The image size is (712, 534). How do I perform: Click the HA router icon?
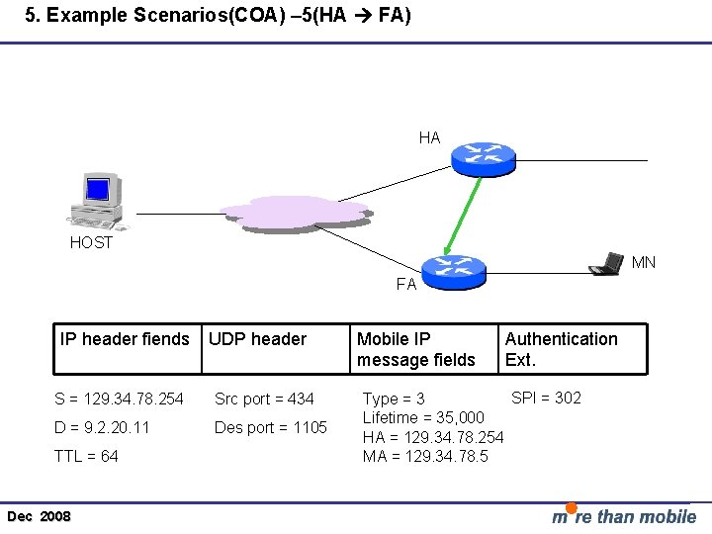(484, 156)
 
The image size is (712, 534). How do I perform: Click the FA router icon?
(454, 270)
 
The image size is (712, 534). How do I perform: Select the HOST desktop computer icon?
(96, 201)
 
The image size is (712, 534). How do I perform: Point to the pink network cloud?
(296, 213)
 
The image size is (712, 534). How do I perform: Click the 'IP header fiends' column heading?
(125, 339)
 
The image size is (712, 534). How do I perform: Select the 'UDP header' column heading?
(257, 339)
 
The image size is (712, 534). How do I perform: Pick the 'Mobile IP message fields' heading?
(415, 349)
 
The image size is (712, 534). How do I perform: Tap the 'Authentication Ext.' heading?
(561, 349)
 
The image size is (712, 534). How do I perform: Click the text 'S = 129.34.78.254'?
(119, 399)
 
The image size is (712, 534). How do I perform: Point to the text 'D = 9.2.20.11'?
(103, 427)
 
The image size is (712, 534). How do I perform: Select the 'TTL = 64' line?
(87, 456)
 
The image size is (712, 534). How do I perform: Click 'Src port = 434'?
(264, 399)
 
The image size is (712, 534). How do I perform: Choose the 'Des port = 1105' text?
(270, 427)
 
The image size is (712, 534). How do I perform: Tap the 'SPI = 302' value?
(546, 398)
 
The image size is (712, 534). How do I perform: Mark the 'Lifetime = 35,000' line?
(423, 418)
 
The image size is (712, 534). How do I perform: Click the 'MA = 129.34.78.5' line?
(425, 456)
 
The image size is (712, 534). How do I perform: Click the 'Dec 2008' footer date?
(39, 517)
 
